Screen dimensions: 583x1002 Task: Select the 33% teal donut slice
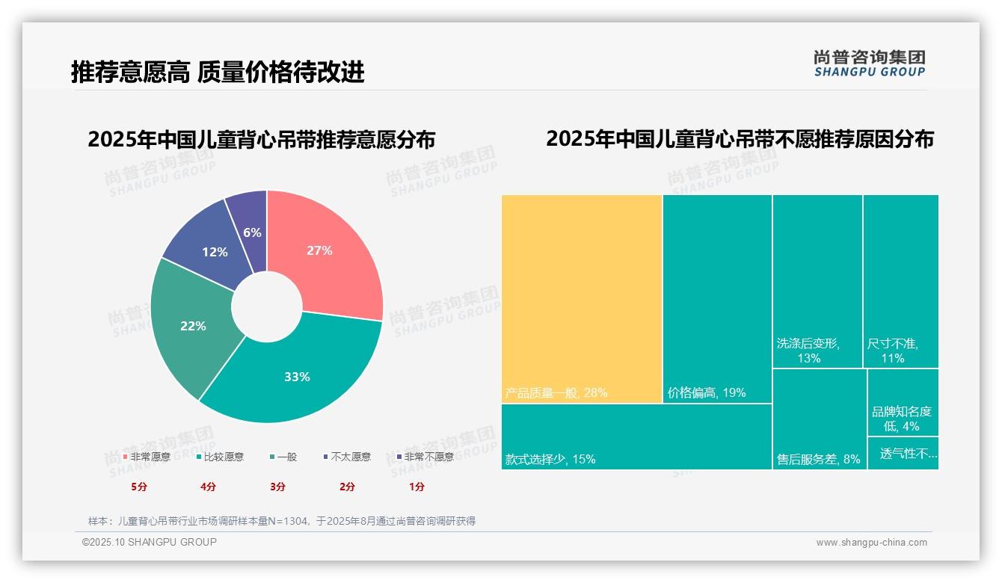[x=299, y=374]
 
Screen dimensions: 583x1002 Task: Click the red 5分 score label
[x=139, y=487]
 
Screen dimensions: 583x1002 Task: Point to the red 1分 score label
[x=417, y=487]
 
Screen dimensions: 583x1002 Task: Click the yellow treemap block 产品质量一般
[x=582, y=299]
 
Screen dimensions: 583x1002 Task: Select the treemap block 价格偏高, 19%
[x=717, y=299]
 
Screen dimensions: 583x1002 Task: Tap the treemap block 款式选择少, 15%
[x=636, y=437]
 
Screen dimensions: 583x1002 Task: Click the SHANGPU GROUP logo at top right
[x=870, y=64]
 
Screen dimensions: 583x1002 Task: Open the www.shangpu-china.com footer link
[x=871, y=543]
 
